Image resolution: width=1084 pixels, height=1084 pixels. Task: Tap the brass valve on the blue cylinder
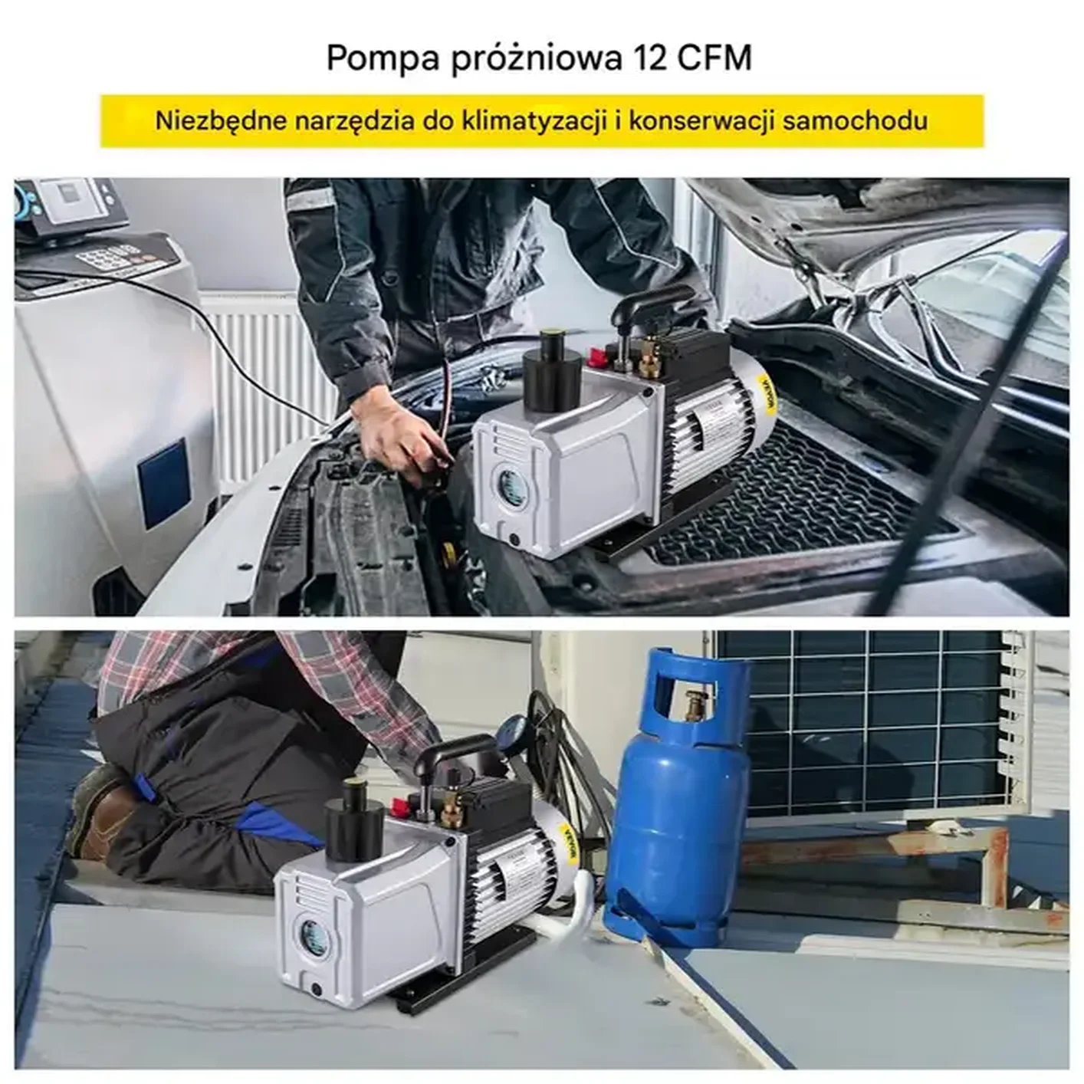(696, 702)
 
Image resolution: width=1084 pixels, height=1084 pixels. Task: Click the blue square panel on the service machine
(163, 483)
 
